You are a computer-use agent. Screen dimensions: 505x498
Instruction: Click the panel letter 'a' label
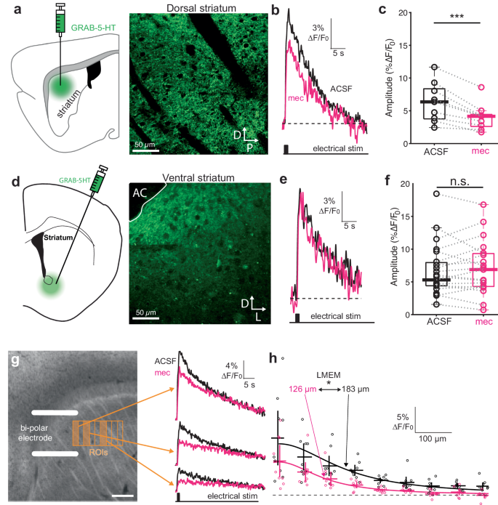click(x=6, y=9)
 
